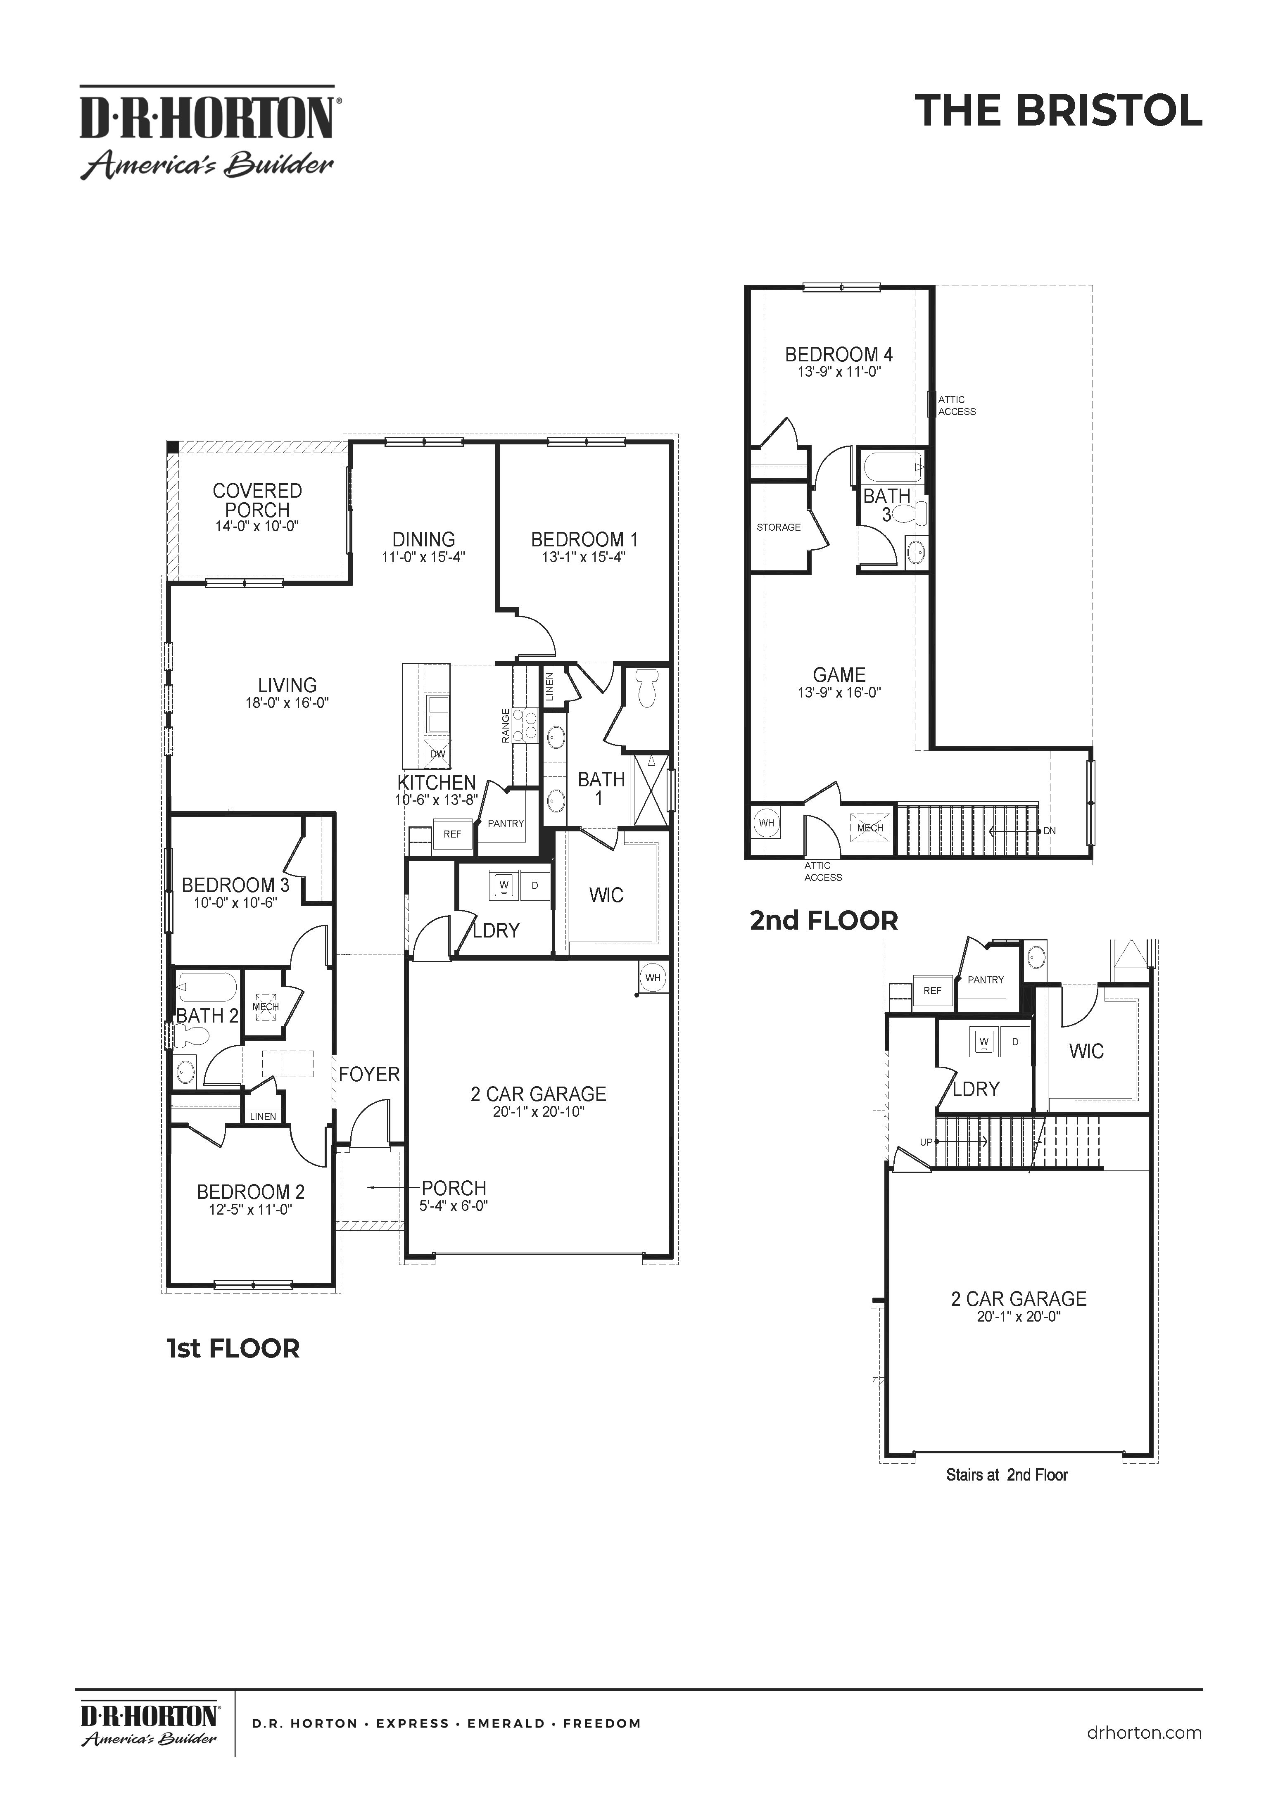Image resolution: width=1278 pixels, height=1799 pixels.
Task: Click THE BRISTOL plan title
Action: (1058, 111)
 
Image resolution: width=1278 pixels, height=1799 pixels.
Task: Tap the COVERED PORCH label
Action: (257, 500)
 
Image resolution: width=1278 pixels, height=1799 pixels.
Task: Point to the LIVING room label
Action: (287, 685)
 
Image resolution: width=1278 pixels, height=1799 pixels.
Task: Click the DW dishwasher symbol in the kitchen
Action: (437, 754)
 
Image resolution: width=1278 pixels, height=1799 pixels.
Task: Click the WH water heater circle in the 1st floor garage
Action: (652, 978)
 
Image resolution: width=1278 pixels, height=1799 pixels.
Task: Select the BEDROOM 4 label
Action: (839, 355)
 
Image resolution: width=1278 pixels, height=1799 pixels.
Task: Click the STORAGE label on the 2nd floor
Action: (778, 527)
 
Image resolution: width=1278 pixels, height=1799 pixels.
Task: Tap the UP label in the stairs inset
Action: (926, 1142)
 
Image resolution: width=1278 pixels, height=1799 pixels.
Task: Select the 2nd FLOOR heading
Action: (823, 920)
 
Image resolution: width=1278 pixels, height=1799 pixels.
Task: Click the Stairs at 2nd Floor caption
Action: (1007, 1475)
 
